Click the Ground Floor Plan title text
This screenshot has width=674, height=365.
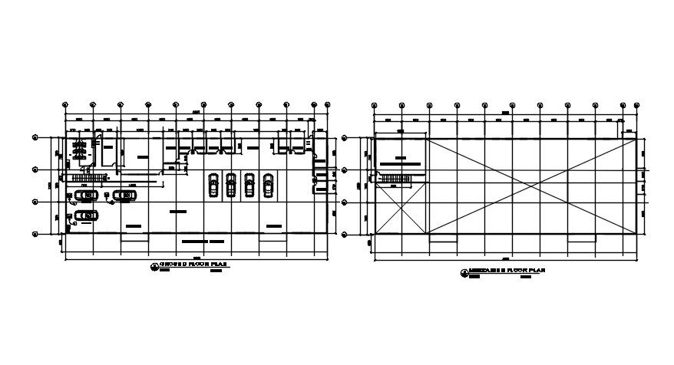194,264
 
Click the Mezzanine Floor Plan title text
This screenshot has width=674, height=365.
504,272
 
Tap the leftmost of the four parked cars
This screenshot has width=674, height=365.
213,185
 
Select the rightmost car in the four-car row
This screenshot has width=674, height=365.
268,185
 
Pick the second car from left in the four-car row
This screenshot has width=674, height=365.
231,185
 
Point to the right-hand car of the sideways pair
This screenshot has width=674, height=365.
123,196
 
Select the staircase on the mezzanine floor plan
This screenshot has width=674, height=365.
396,179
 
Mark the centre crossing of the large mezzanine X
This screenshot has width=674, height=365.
530,185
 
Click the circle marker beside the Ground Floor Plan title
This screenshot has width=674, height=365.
155,265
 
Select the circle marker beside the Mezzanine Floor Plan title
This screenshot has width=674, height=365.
464,273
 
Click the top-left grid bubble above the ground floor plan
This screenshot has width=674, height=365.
65,105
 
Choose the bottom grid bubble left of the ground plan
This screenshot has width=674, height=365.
35,234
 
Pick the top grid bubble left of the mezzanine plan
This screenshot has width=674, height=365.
345,139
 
